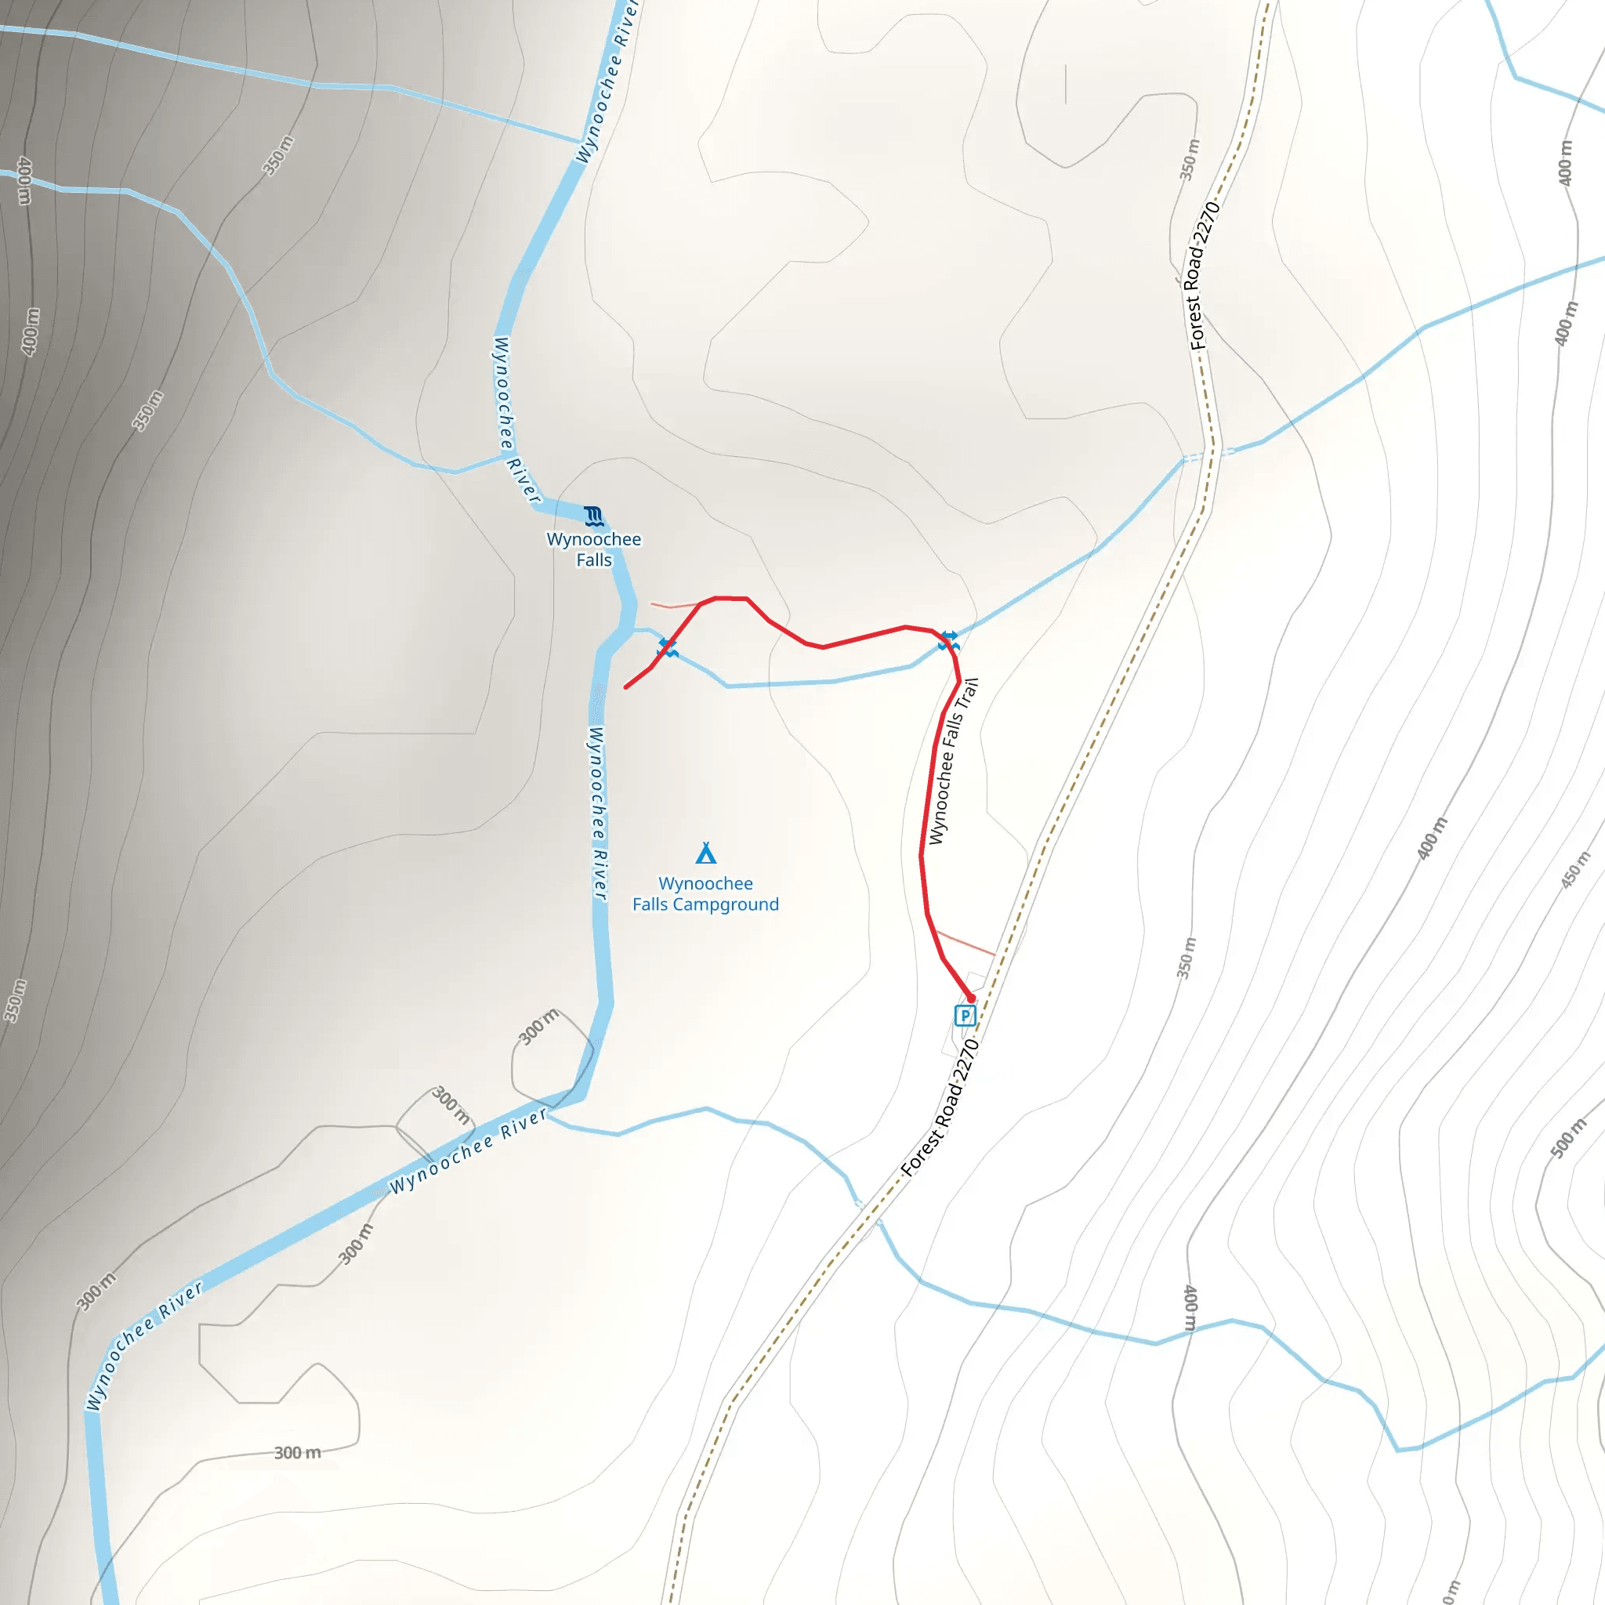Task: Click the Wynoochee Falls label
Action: click(x=594, y=549)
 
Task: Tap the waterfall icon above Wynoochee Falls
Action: click(x=593, y=516)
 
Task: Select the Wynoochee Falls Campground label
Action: click(x=705, y=894)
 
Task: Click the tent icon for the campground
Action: click(x=706, y=853)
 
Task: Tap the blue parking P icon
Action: click(x=965, y=1015)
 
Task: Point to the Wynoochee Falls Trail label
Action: click(x=953, y=761)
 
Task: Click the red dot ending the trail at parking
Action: click(x=970, y=998)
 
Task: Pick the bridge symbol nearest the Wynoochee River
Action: click(x=668, y=647)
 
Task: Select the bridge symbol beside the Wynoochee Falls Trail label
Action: click(x=949, y=640)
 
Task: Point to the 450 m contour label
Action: click(x=1575, y=870)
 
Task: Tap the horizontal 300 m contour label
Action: click(x=297, y=1453)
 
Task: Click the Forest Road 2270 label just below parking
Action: click(x=941, y=1107)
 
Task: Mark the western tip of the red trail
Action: click(x=625, y=688)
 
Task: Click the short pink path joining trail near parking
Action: click(x=966, y=944)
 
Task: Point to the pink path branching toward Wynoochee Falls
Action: click(x=673, y=606)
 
